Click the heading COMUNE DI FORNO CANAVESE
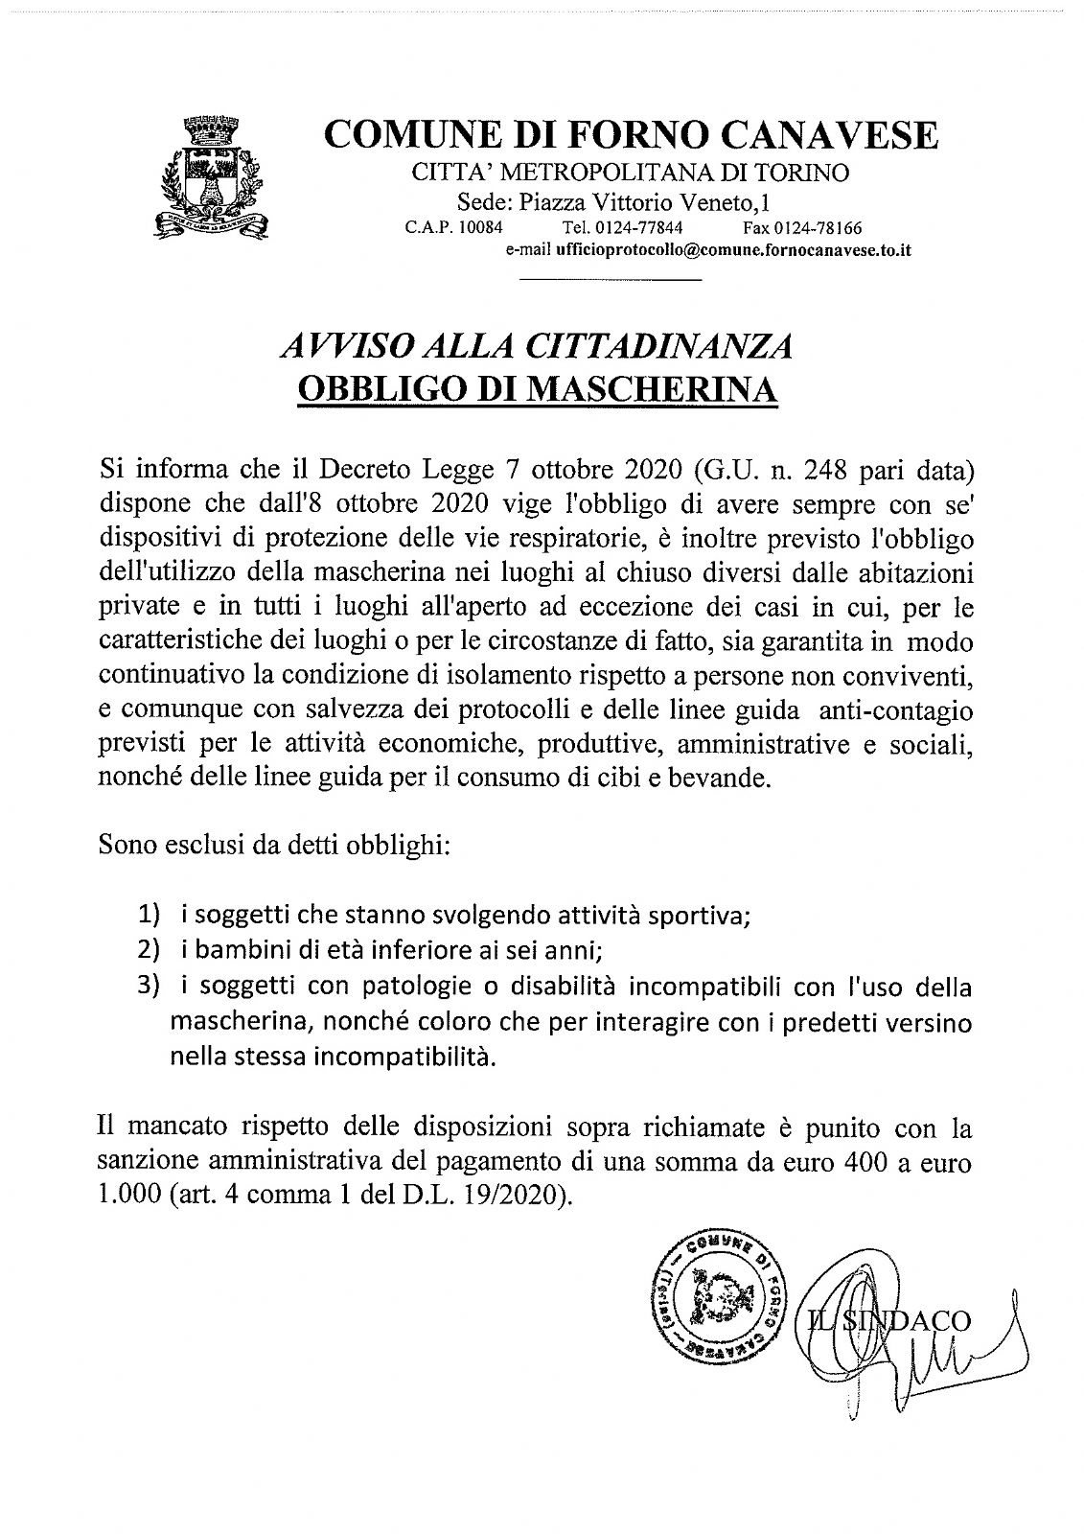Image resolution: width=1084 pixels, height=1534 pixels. (x=632, y=135)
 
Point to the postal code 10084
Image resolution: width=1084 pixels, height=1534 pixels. (x=484, y=227)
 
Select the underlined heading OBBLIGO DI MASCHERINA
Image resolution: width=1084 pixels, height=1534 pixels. (x=536, y=389)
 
